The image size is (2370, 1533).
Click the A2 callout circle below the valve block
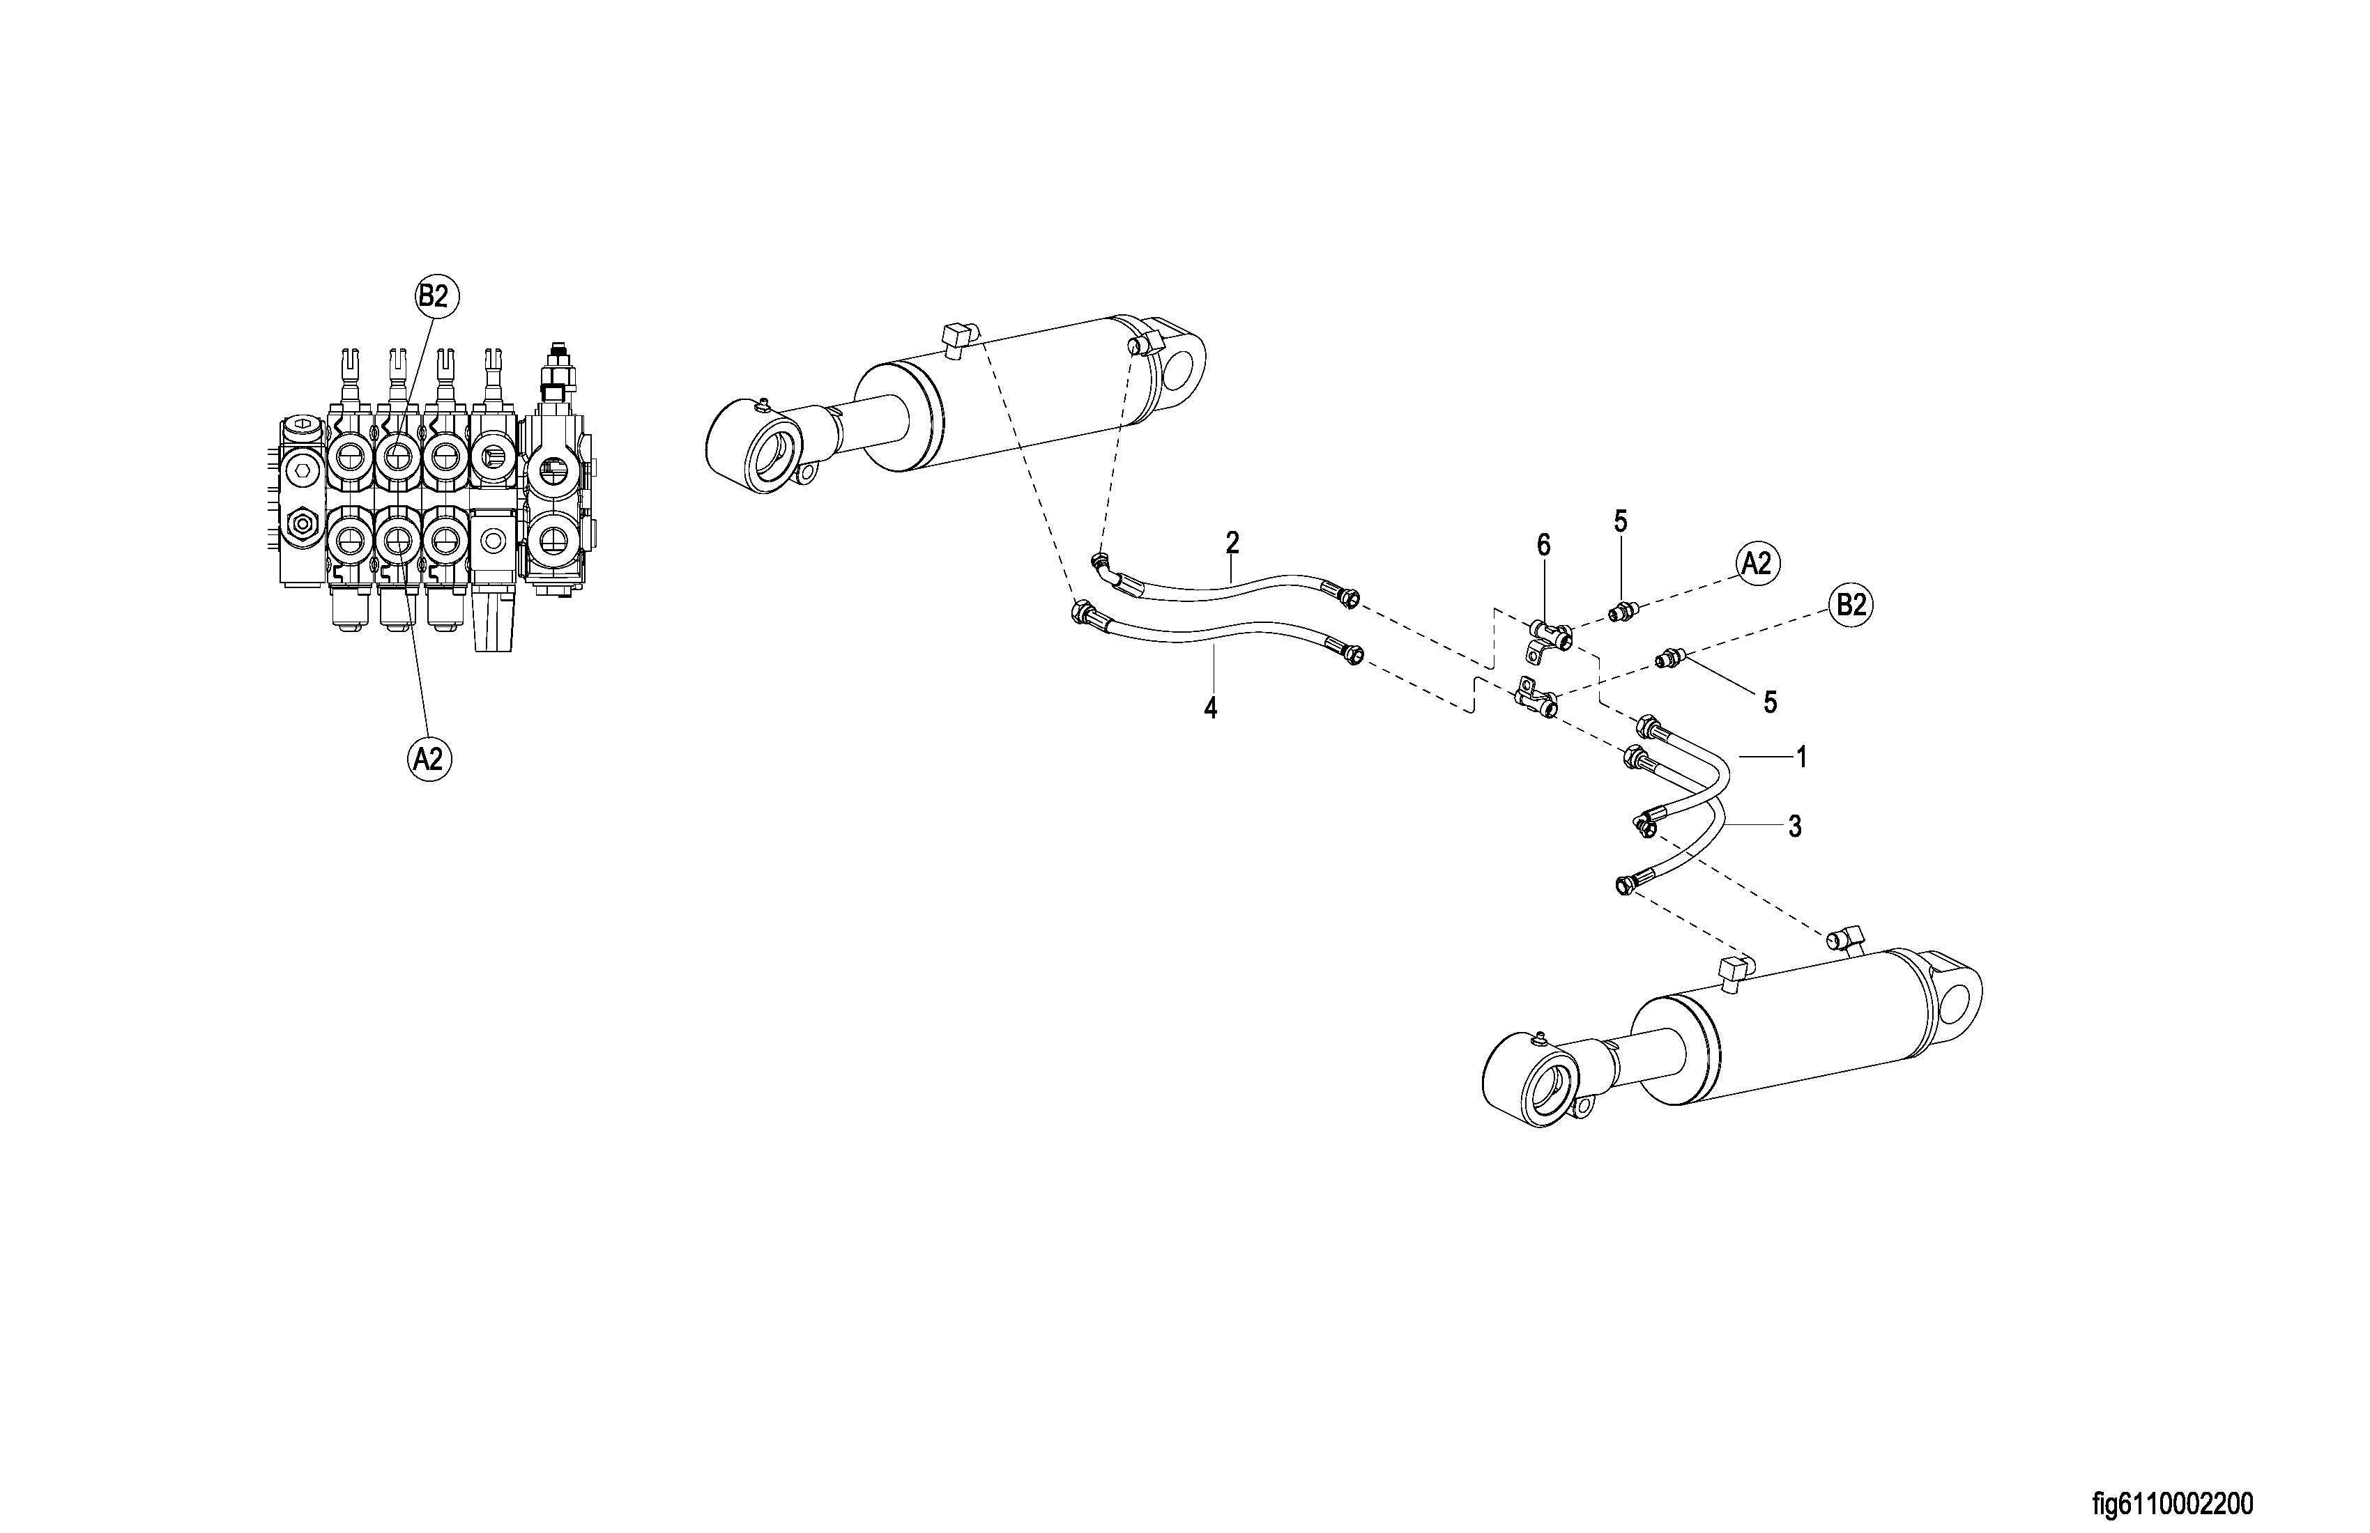(428, 759)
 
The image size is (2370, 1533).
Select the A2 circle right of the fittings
(1757, 564)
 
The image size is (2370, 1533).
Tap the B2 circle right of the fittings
(1850, 606)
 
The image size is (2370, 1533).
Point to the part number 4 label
(1210, 709)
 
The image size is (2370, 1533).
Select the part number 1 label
(1801, 757)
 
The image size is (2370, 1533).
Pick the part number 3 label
(1794, 826)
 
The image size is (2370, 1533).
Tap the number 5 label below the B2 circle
(1770, 703)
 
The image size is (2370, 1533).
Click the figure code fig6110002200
(2172, 1503)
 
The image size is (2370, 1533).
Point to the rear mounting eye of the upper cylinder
(1180, 369)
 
